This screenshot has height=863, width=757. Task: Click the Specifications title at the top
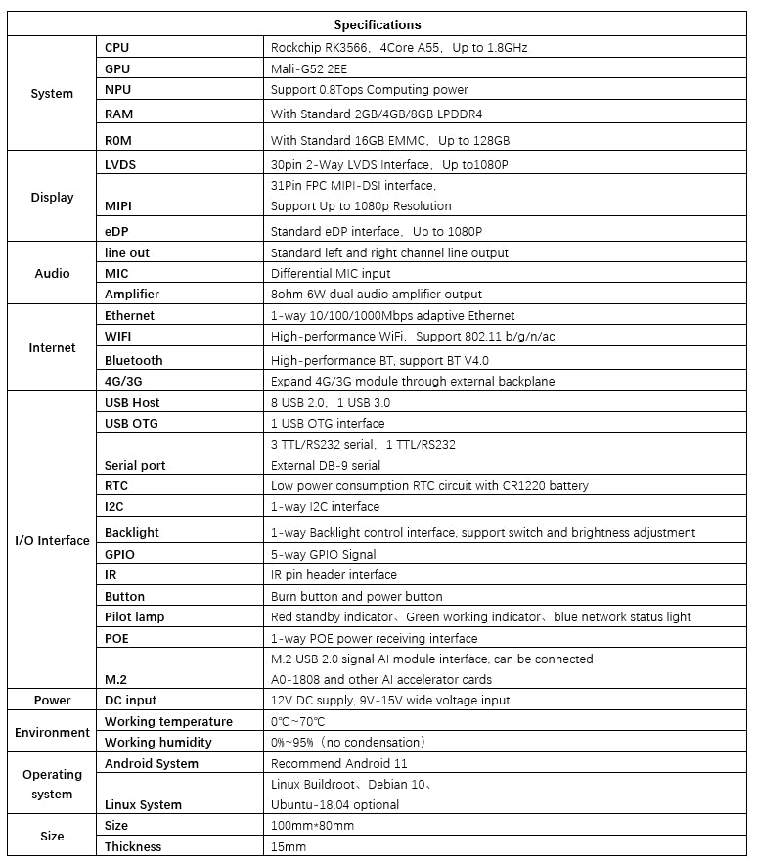point(378,24)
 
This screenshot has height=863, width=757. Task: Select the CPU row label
point(117,47)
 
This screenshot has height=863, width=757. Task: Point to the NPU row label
point(117,90)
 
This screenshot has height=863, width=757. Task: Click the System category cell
point(52,94)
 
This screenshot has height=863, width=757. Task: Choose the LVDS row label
point(120,164)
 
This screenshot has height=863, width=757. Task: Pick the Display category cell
point(52,197)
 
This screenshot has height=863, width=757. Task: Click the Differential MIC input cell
point(331,273)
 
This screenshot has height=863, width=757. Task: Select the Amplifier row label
point(132,294)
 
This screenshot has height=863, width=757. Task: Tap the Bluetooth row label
point(134,360)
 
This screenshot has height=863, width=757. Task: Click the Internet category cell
point(52,347)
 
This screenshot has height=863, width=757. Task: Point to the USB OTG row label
point(131,423)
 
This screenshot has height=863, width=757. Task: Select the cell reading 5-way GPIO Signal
point(325,554)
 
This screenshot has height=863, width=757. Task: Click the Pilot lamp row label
point(135,616)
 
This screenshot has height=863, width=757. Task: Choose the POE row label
point(116,638)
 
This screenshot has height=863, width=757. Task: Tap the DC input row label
point(130,700)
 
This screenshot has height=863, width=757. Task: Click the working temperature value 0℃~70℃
point(298,721)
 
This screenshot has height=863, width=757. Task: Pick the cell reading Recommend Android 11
point(338,763)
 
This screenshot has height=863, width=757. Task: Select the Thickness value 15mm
point(289,846)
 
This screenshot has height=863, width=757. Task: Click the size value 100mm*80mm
point(312,825)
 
